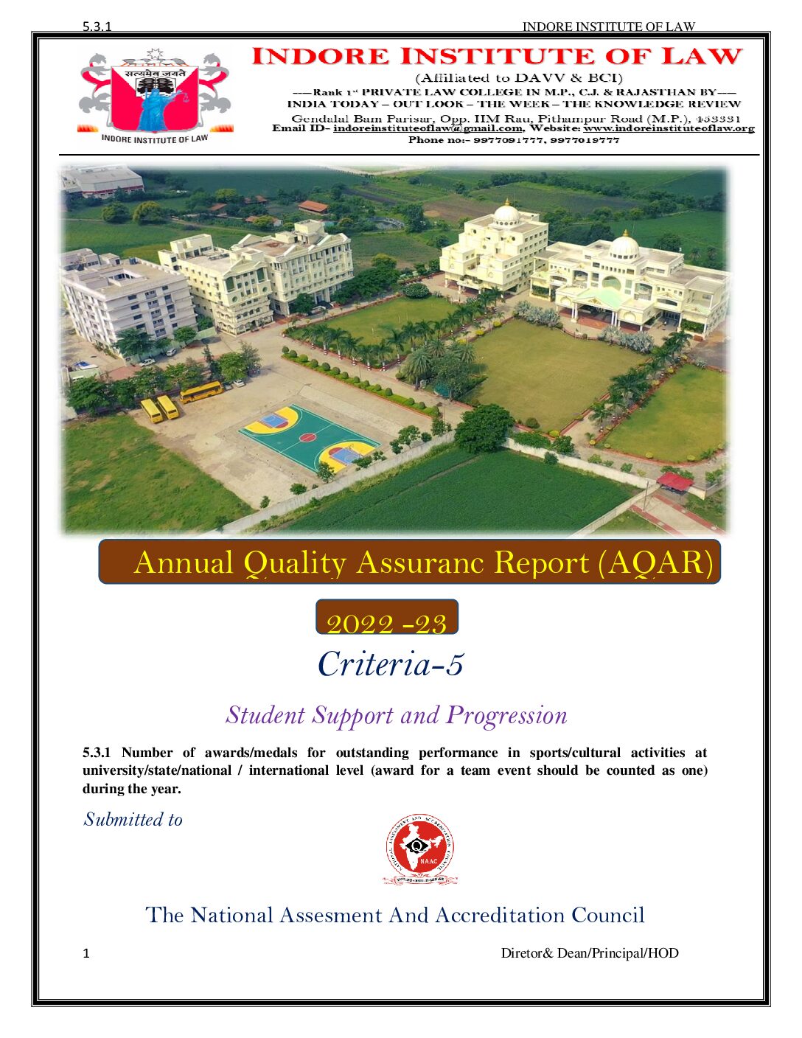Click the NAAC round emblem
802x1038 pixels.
pos(419,849)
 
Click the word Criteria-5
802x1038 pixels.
pos(391,663)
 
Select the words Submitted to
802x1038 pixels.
pos(133,820)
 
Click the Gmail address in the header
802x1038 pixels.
pos(428,128)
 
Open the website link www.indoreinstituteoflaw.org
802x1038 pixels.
pos(669,128)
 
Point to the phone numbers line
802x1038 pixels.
pos(514,140)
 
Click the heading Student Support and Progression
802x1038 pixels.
pos(397,715)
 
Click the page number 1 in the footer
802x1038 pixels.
pos(86,953)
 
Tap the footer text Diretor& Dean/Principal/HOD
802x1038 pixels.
pos(590,953)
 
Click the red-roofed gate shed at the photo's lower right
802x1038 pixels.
pos(674,481)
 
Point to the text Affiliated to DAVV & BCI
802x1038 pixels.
pos(519,78)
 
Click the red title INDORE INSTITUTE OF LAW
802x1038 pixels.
pos(497,57)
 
